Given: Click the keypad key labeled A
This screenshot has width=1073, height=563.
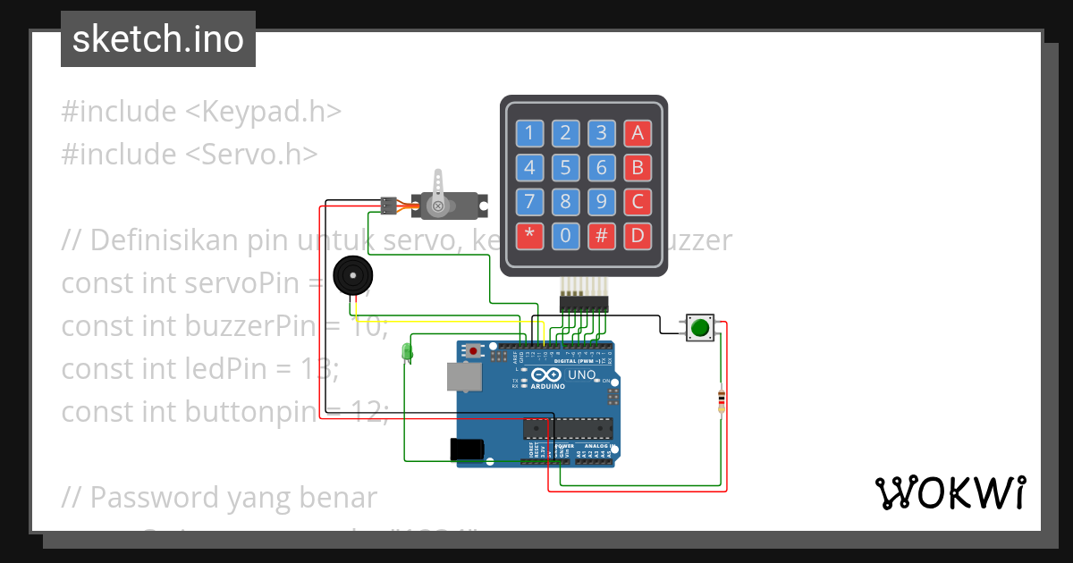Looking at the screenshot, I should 638,134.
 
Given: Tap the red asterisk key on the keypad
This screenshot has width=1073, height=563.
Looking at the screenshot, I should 529,236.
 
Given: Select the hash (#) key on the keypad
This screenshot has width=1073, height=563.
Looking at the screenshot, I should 602,236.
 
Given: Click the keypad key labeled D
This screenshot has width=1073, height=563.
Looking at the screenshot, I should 638,236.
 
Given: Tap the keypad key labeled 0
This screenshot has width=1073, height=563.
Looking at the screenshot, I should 565,236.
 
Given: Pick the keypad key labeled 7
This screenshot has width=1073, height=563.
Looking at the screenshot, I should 529,202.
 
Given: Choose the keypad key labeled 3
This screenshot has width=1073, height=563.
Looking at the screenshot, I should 602,134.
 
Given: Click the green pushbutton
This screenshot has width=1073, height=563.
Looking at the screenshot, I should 699,328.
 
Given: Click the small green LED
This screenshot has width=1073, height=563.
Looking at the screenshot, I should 408,351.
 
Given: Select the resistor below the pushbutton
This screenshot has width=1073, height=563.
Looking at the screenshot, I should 722,401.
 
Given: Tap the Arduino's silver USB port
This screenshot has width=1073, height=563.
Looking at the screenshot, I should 463,377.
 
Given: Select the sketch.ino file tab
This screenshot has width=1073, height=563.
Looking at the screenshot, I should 158,39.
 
